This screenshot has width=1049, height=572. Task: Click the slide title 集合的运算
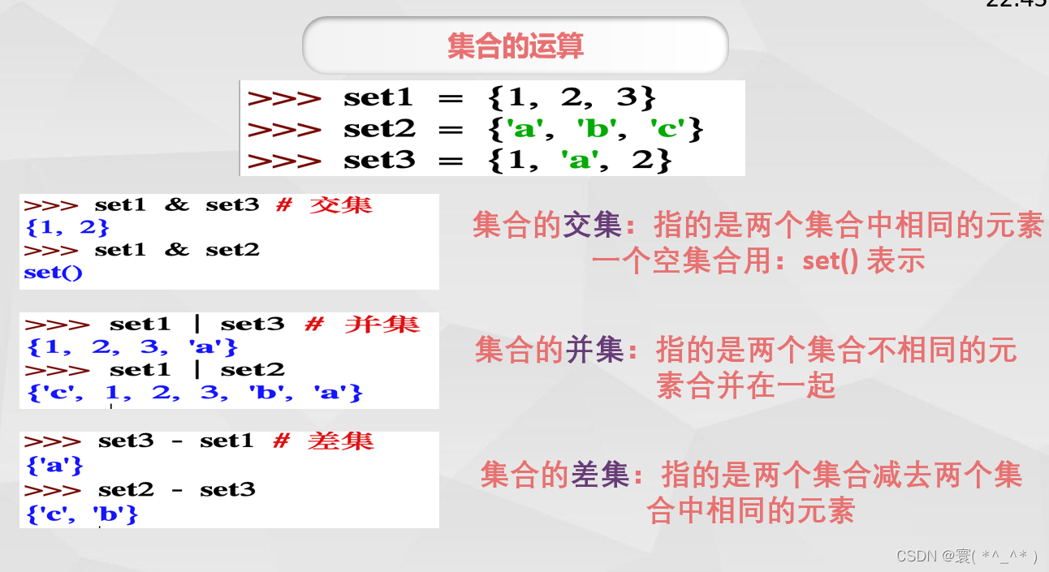(x=515, y=46)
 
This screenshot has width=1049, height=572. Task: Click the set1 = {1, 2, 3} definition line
(x=451, y=98)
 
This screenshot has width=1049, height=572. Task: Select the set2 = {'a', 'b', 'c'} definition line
(x=475, y=129)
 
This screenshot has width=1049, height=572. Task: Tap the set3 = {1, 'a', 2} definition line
(x=460, y=161)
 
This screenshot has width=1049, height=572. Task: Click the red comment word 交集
(x=341, y=204)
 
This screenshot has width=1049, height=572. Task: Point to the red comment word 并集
(x=382, y=325)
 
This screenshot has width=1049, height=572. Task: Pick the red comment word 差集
(x=341, y=441)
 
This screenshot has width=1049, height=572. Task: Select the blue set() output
(x=54, y=273)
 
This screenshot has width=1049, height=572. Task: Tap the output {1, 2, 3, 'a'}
(x=132, y=347)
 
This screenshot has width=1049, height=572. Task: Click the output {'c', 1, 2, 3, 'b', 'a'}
(x=194, y=393)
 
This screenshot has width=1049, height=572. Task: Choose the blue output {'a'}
(x=54, y=466)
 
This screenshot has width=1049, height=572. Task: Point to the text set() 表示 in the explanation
(x=864, y=261)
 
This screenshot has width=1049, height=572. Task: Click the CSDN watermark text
(x=967, y=556)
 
